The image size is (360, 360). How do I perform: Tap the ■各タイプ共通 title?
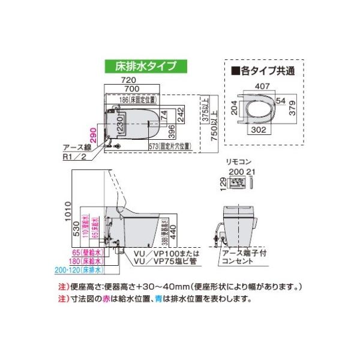point(258,70)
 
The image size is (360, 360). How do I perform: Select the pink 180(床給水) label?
point(86,262)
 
